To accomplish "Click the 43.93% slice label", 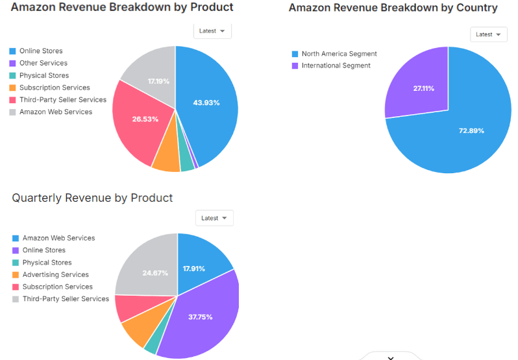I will click(206, 102).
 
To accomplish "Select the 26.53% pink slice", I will click(145, 119).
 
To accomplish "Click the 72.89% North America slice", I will click(471, 130).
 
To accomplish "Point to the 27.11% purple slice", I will click(423, 88).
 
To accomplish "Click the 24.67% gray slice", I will click(154, 273).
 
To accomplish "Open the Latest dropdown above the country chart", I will click(488, 34).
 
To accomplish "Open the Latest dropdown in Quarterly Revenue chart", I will click(214, 218).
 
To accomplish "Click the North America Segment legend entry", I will click(339, 54).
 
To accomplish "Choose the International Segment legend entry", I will click(336, 66).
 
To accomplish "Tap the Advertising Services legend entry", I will click(55, 274).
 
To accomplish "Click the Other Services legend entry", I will click(43, 63).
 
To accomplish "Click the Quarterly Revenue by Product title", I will click(92, 198).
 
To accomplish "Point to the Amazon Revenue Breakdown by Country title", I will click(393, 8).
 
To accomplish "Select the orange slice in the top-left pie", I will click(166, 159).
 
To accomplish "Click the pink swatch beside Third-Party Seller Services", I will click(12, 100).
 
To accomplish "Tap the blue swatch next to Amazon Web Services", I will click(15, 238).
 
